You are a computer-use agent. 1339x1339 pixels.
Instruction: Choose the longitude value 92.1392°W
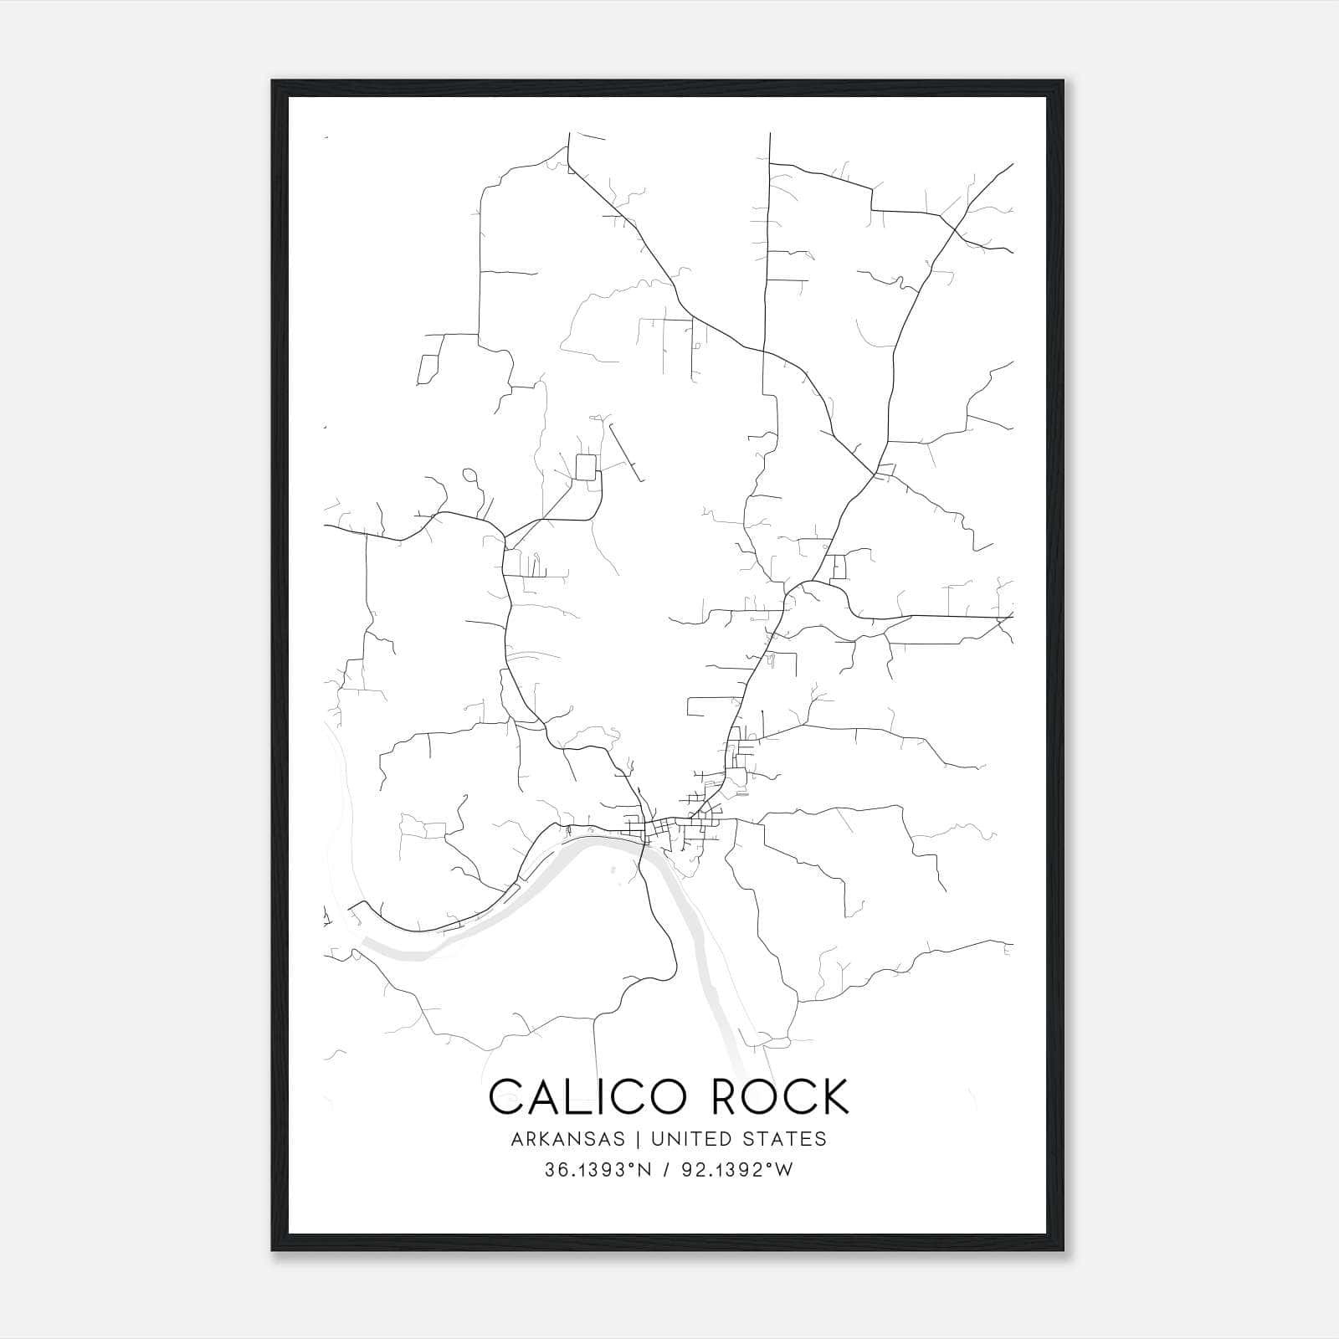pos(736,1171)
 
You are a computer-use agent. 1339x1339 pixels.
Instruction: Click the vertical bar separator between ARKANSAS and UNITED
pos(638,1139)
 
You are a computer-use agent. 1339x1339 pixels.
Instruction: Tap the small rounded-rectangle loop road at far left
pos(428,368)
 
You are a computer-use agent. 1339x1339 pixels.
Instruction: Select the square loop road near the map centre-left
pos(587,467)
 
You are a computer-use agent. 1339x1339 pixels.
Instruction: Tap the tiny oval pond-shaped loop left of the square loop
pos(469,475)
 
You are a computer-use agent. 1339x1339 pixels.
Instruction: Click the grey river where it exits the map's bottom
pos(736,1063)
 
